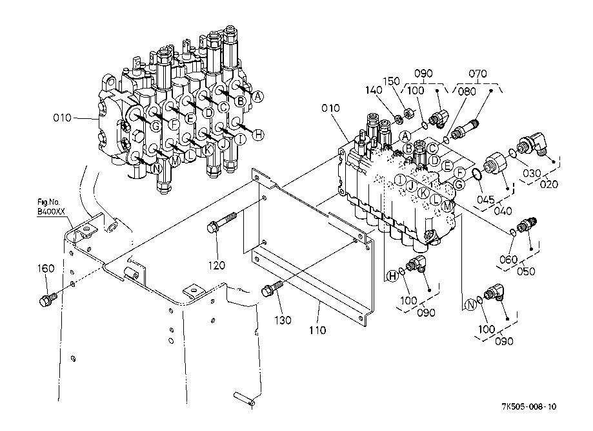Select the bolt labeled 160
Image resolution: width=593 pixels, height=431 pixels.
47,300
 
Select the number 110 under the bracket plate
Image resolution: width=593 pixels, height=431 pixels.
317,330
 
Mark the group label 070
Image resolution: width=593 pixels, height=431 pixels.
478,74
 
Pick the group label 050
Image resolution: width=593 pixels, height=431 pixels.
527,271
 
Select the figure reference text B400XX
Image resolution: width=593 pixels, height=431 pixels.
51,211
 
